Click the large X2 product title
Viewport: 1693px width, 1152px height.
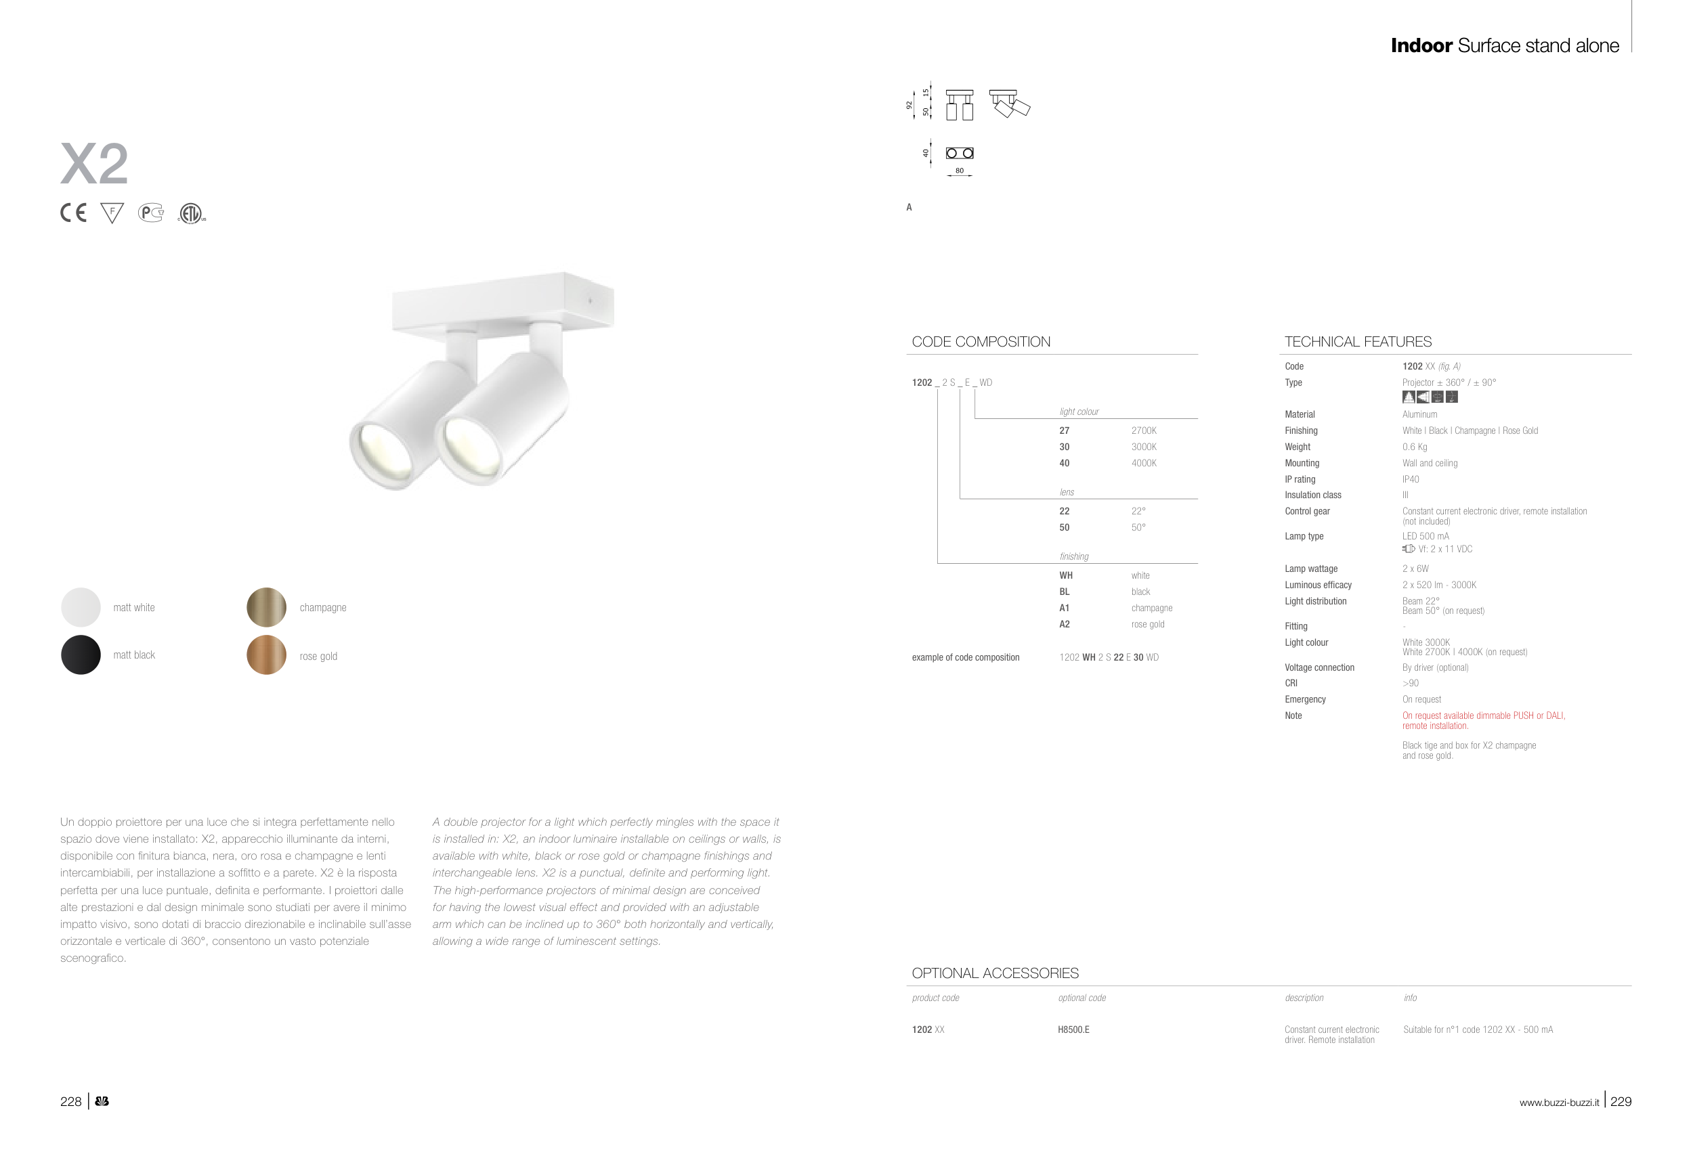tap(94, 164)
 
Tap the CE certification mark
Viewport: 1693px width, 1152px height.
tap(73, 213)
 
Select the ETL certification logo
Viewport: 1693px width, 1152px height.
tap(192, 213)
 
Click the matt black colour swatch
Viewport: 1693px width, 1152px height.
tap(81, 655)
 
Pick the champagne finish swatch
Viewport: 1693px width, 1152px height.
tap(267, 607)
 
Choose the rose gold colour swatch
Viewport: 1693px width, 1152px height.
tap(267, 655)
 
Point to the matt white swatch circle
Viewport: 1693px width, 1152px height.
tap(81, 607)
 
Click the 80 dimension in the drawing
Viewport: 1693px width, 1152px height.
tap(960, 171)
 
